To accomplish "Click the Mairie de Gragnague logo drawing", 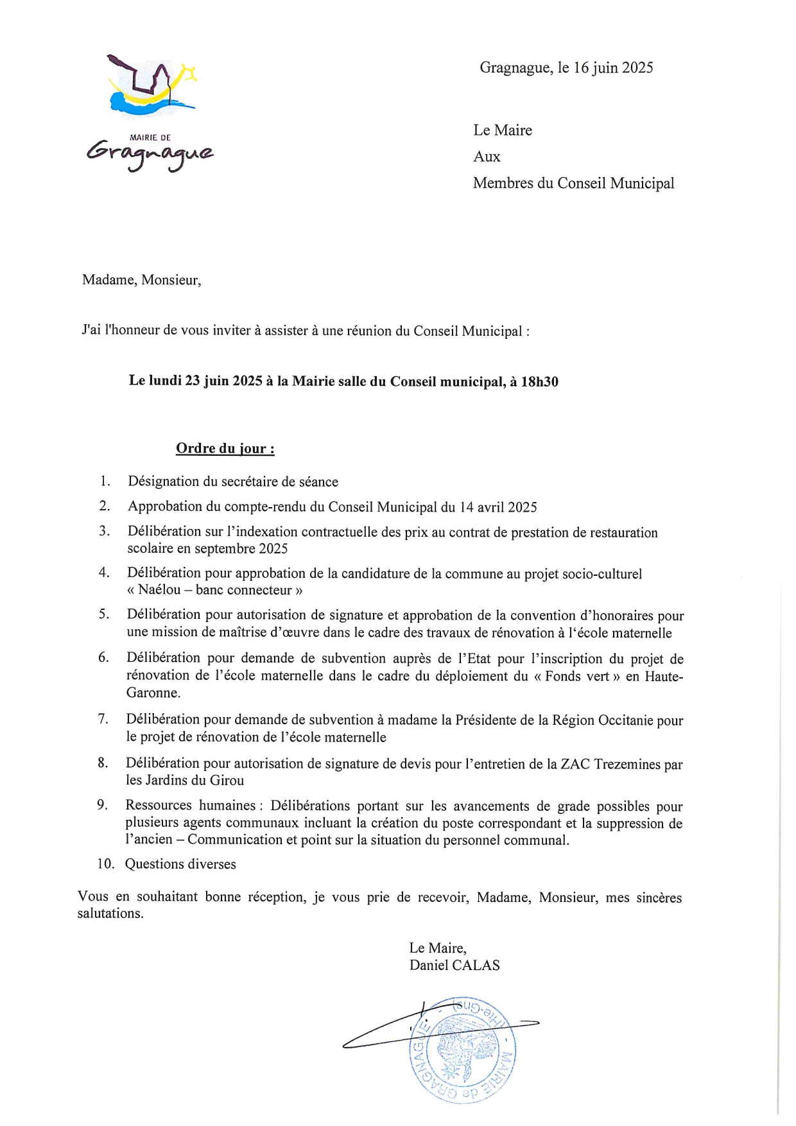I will [152, 86].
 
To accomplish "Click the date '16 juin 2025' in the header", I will [613, 68].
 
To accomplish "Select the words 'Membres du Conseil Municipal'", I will [573, 184].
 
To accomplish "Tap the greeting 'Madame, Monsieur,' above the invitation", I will [141, 280].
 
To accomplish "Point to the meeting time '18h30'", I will [539, 382].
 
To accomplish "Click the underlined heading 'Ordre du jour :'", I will [225, 449].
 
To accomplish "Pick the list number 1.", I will [105, 481].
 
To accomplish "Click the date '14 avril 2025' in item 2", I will [497, 507].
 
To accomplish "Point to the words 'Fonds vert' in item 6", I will [577, 676].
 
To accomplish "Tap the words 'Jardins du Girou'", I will [195, 781].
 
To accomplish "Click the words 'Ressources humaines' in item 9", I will [191, 806].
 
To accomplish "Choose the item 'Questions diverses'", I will [180, 864].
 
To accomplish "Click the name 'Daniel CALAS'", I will [454, 966].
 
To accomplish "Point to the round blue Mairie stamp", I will [462, 1050].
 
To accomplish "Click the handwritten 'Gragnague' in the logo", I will [150, 155].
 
